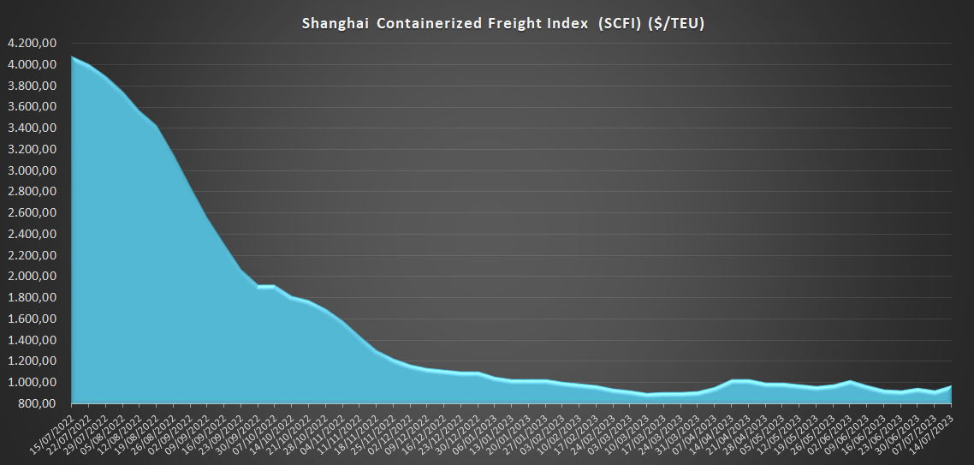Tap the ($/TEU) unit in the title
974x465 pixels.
tap(676, 23)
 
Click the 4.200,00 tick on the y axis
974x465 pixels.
tap(32, 44)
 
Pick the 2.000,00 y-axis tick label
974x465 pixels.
tap(32, 277)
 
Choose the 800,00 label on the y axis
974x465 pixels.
tap(38, 403)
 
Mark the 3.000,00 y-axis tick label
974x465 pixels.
tap(32, 170)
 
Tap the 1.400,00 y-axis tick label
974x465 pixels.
tap(32, 340)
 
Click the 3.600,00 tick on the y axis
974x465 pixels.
tap(32, 107)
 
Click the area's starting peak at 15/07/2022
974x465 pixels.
tap(72, 57)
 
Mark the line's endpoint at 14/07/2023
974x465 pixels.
tap(951, 386)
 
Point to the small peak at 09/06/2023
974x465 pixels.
tap(849, 381)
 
